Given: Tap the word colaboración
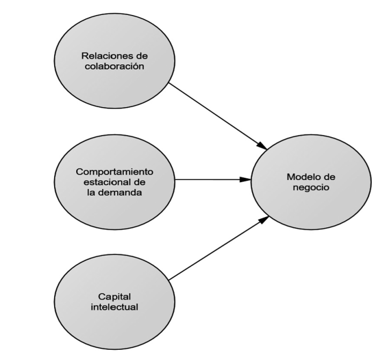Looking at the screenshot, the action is (115, 66).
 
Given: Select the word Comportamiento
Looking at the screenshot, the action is (115, 172).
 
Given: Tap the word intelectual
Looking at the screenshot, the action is (115, 307).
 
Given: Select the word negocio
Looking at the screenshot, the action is (311, 187).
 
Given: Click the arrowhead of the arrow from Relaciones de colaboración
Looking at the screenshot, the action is (262, 145).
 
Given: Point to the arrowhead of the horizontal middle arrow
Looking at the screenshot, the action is (245, 179).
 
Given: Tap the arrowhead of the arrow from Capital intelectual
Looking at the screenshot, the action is (264, 220).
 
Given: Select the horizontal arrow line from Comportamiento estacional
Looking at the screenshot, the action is (213, 179).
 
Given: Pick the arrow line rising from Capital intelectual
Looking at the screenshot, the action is (219, 248).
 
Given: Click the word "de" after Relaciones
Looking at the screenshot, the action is (142, 56).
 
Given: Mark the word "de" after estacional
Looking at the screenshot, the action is (139, 182).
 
